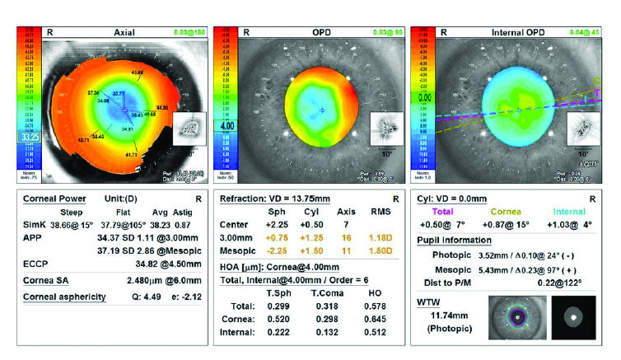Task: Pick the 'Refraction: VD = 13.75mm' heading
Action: pos(279,199)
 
